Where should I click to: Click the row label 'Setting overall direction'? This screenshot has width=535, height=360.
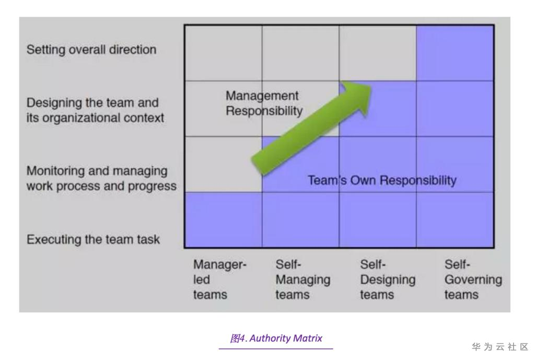[91, 50]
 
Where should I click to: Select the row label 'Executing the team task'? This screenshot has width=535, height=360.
[93, 240]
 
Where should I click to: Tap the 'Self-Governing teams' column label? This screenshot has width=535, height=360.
[473, 280]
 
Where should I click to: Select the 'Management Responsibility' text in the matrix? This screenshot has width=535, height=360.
[264, 103]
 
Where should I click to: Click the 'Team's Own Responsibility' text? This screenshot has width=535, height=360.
[382, 181]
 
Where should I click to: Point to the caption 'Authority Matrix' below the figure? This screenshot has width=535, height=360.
[275, 339]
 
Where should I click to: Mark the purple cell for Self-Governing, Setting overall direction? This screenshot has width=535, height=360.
[455, 53]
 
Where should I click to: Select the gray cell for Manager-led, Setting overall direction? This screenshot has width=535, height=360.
[224, 53]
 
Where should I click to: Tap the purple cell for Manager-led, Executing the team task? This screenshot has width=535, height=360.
[224, 219]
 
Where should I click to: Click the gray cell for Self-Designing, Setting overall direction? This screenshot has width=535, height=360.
[378, 53]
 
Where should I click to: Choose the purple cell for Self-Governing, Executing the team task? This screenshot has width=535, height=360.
[455, 219]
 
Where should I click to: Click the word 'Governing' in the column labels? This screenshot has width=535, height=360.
[473, 280]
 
